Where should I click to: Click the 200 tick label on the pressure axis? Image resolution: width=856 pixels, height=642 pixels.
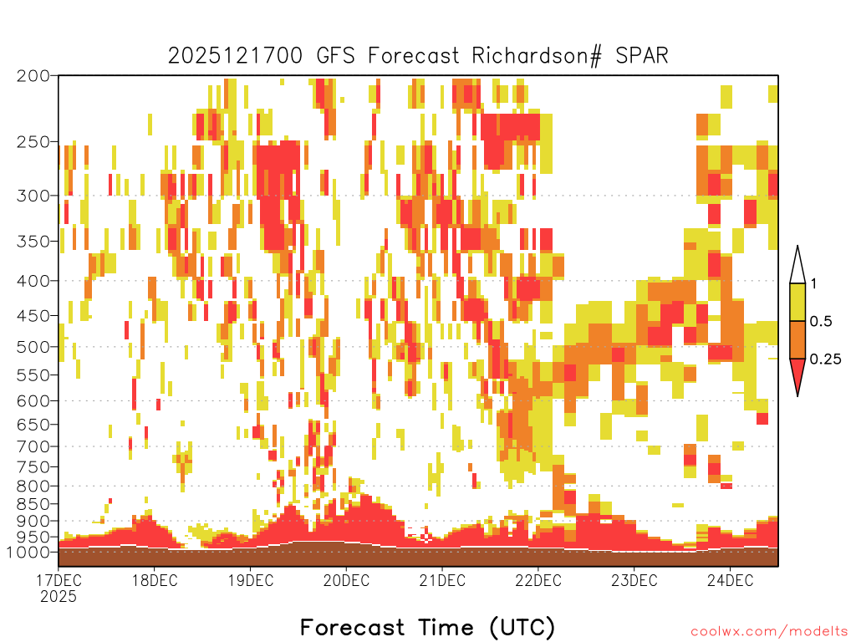pyautogui.click(x=33, y=76)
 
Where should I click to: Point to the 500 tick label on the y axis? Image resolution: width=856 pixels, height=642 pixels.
pyautogui.click(x=33, y=347)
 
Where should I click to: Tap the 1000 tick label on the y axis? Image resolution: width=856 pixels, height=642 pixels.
pyautogui.click(x=28, y=552)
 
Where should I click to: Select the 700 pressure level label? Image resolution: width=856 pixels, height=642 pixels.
pyautogui.click(x=33, y=446)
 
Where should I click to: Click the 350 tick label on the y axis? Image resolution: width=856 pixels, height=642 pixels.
pyautogui.click(x=33, y=242)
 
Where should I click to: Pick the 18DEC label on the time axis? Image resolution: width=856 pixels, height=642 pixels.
pyautogui.click(x=155, y=580)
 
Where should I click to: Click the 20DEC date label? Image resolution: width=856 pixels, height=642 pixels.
pyautogui.click(x=346, y=580)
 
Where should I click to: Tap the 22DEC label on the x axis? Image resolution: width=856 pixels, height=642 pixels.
pyautogui.click(x=538, y=580)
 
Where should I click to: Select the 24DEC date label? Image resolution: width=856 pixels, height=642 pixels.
pyautogui.click(x=730, y=580)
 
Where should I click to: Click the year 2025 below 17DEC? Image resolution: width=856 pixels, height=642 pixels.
pyautogui.click(x=59, y=596)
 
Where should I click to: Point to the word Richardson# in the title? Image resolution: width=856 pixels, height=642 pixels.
pyautogui.click(x=537, y=56)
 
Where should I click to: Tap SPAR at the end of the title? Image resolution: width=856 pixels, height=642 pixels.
pyautogui.click(x=642, y=56)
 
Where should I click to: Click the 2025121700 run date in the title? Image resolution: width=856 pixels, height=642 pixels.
pyautogui.click(x=235, y=56)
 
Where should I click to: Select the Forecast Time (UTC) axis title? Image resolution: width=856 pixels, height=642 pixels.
pyautogui.click(x=427, y=628)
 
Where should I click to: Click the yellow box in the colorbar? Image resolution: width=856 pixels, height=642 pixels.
pyautogui.click(x=797, y=302)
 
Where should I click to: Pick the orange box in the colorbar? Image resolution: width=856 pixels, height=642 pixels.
pyautogui.click(x=797, y=339)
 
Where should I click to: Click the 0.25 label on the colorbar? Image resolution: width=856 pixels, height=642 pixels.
pyautogui.click(x=825, y=359)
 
